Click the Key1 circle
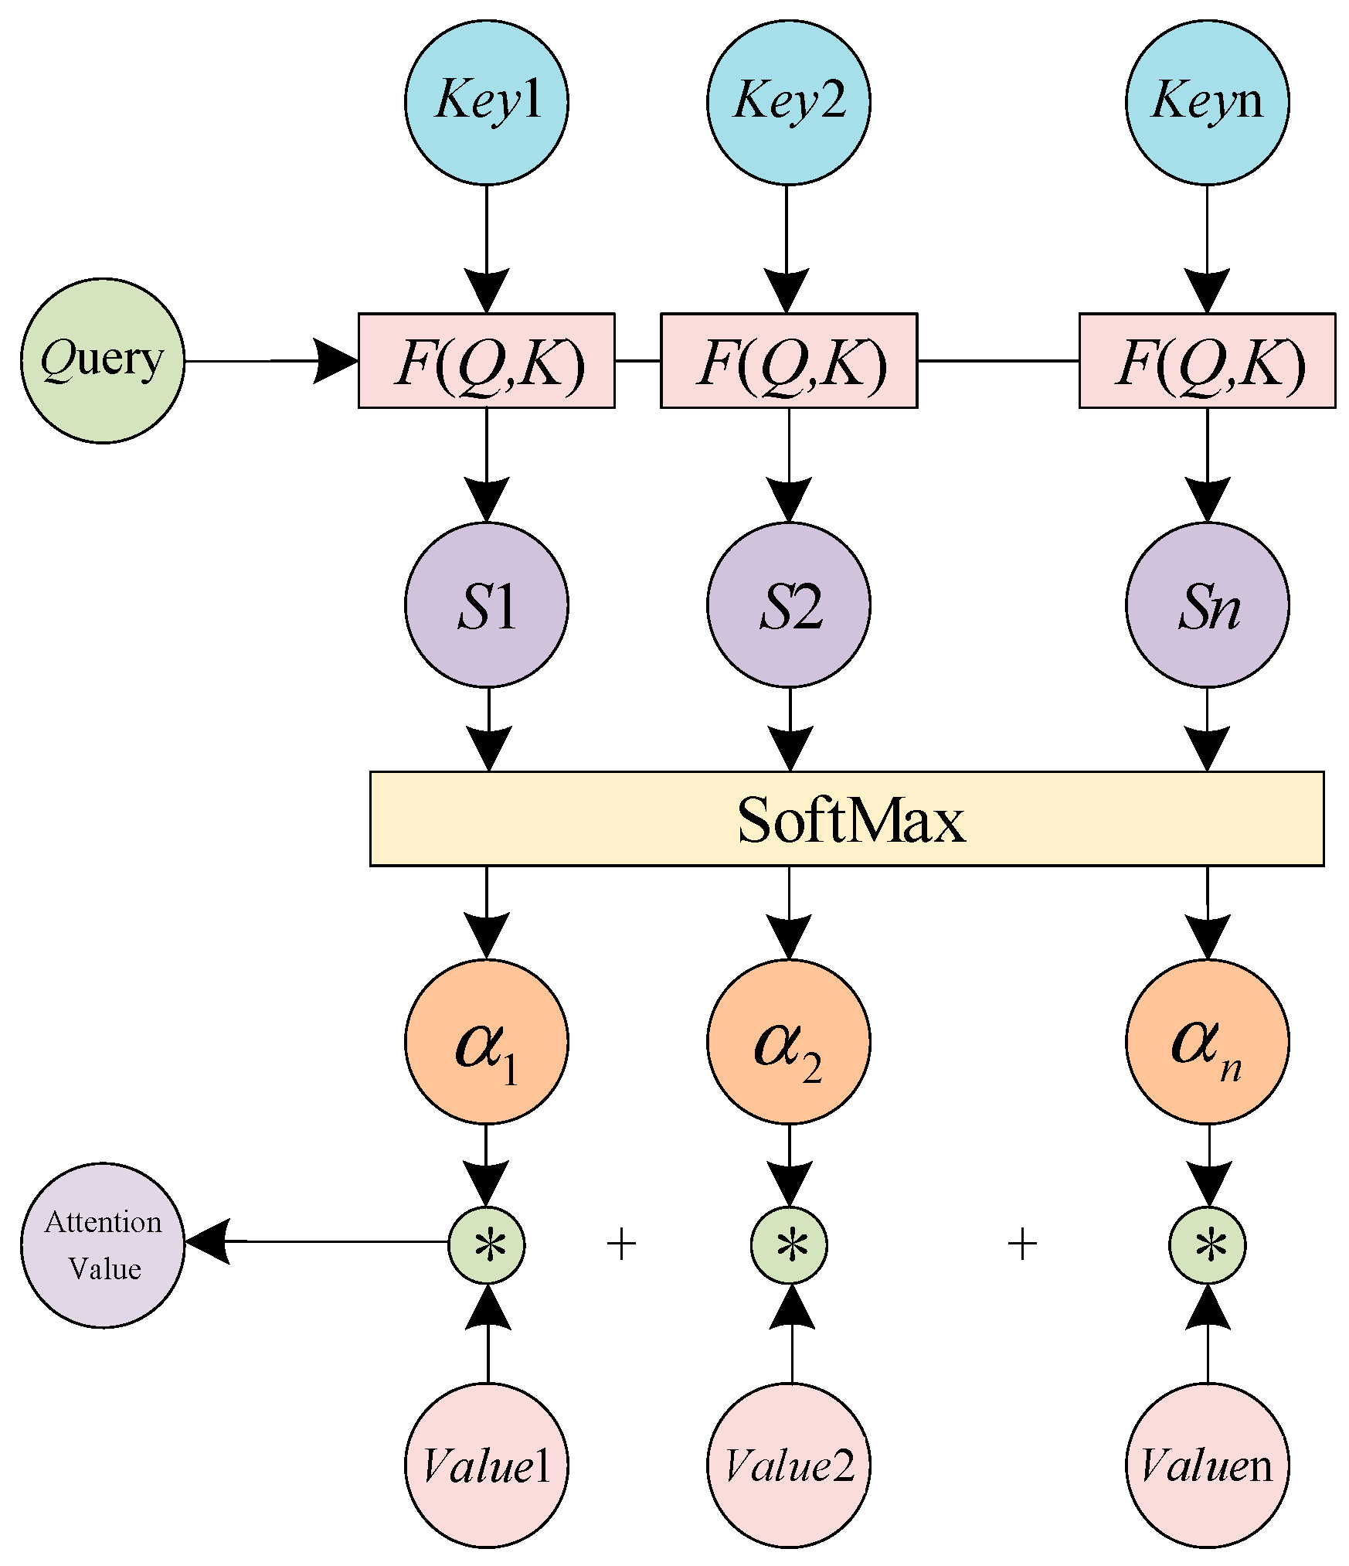(x=487, y=102)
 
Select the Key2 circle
(x=788, y=102)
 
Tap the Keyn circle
(x=1207, y=102)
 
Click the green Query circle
(x=103, y=360)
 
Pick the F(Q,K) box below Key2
(x=789, y=360)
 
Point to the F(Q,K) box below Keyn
(x=1207, y=360)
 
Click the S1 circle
(x=487, y=604)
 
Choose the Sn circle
(x=1207, y=604)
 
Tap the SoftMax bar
(x=847, y=819)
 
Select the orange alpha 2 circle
(x=788, y=1041)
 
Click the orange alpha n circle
(x=1207, y=1041)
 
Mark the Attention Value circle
(x=103, y=1245)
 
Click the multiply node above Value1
(x=487, y=1245)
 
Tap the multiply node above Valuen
(x=1207, y=1245)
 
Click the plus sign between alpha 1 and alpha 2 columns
(x=621, y=1245)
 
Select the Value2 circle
(x=788, y=1466)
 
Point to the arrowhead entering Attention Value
(x=207, y=1241)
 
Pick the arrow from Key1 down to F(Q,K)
(x=487, y=247)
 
